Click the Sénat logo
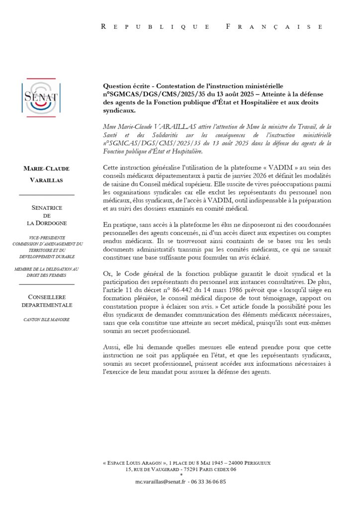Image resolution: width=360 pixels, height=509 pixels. coord(41,97)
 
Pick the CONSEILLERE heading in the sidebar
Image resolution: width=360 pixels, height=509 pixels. coord(47,297)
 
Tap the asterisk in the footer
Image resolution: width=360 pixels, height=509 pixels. coord(181,475)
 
